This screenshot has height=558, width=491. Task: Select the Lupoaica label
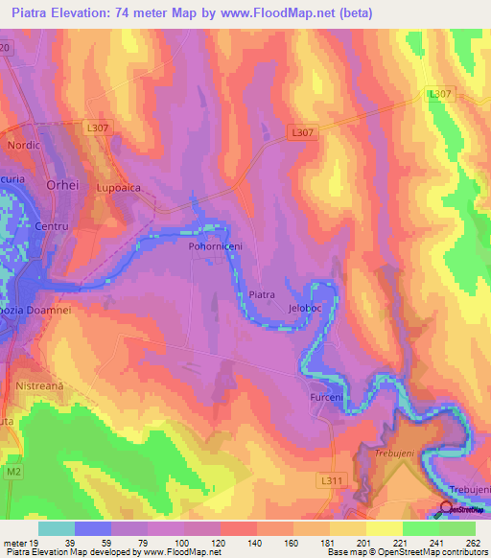(118, 190)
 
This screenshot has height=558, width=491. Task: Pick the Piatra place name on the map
(262, 295)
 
